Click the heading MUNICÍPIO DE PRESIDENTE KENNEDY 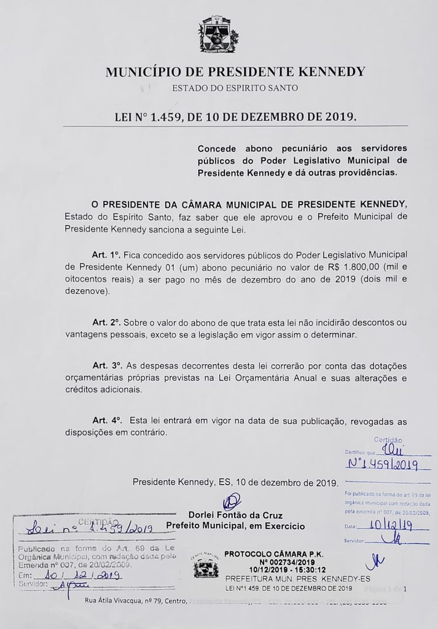click(236, 72)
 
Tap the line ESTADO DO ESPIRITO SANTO click(235, 88)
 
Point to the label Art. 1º click(104, 254)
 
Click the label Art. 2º click(104, 322)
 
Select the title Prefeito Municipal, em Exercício click(235, 526)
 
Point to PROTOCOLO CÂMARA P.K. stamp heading click(269, 553)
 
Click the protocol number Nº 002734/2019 click(270, 561)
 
